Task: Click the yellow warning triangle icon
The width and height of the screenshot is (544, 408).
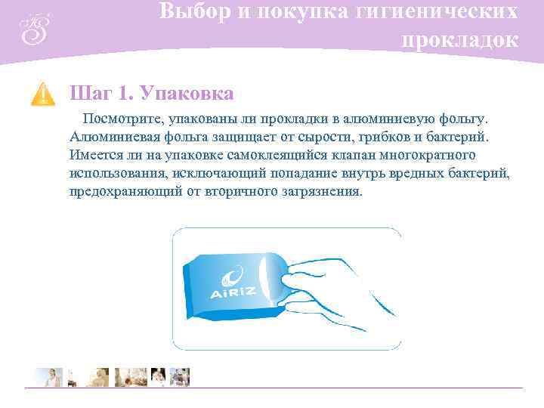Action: pos(42,94)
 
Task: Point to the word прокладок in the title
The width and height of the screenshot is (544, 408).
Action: pos(460,39)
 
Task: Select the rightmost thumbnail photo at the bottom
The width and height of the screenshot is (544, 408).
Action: pos(180,377)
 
